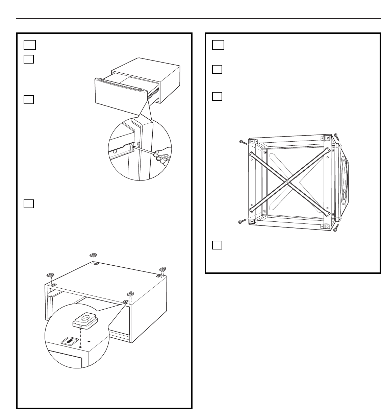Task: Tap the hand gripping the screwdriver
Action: [164, 156]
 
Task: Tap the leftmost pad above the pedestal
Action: [50, 274]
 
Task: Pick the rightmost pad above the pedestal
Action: [163, 268]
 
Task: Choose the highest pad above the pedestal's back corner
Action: [94, 255]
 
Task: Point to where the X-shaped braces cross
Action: [287, 182]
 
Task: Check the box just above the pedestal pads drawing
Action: [29, 203]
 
